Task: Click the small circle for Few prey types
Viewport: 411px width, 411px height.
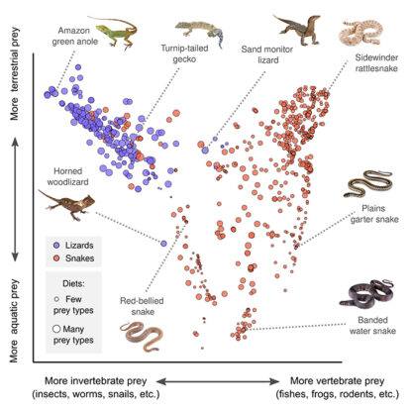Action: [51, 297]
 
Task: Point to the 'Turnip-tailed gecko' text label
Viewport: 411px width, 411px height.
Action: [194, 52]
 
